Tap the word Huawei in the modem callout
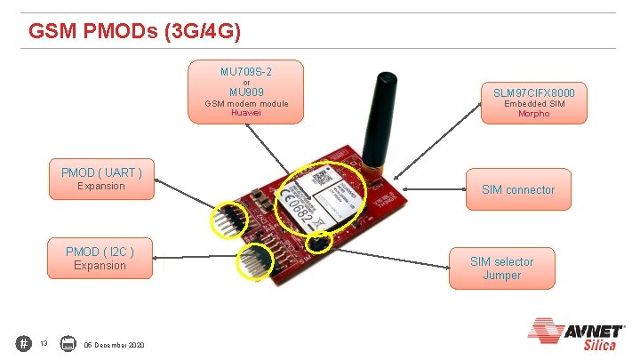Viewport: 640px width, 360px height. [245, 113]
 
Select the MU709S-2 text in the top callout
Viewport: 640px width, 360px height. [245, 71]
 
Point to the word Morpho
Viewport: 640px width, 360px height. [533, 114]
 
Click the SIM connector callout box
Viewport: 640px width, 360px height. [517, 189]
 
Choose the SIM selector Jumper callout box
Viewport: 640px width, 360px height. [502, 268]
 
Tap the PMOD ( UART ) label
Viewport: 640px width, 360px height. [101, 172]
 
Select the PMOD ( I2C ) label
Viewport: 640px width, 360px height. [100, 252]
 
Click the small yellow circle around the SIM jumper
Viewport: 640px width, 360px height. [319, 241]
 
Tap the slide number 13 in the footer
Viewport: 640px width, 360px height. [44, 344]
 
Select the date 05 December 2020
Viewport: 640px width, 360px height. [115, 344]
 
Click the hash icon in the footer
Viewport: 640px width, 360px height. [23, 343]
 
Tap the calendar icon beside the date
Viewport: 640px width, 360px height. [68, 343]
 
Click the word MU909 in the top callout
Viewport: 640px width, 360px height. [245, 92]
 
